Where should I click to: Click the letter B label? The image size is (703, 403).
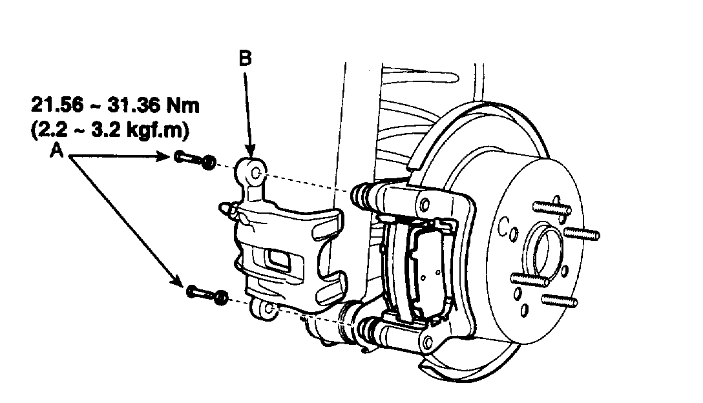[245, 58]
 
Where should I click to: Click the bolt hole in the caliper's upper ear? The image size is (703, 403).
[255, 172]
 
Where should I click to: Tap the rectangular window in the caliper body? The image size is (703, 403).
[278, 261]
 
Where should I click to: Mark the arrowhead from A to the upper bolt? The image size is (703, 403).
[165, 156]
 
